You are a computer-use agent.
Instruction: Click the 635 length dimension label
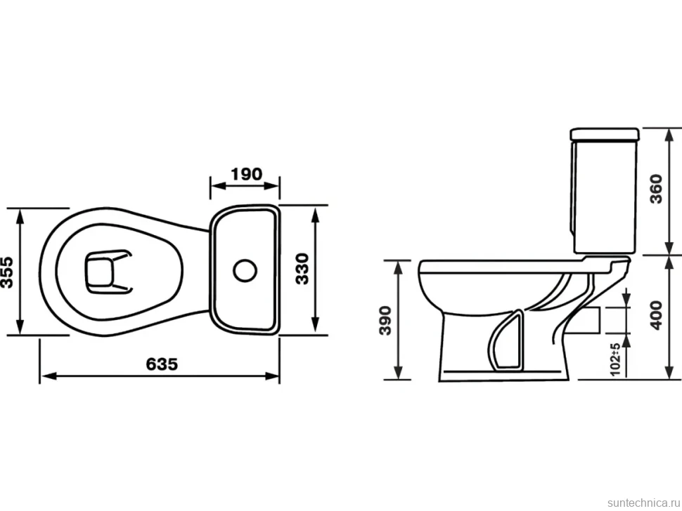[162, 364]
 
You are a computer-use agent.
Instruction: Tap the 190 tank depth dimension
[247, 174]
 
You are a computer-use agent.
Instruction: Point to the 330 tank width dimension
[302, 269]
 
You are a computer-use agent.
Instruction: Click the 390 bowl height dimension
[385, 320]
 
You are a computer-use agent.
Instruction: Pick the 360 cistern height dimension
[657, 189]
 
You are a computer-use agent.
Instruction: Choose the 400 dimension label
[657, 314]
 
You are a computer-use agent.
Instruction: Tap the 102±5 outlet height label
[615, 359]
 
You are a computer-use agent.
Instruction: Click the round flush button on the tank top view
[245, 270]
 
